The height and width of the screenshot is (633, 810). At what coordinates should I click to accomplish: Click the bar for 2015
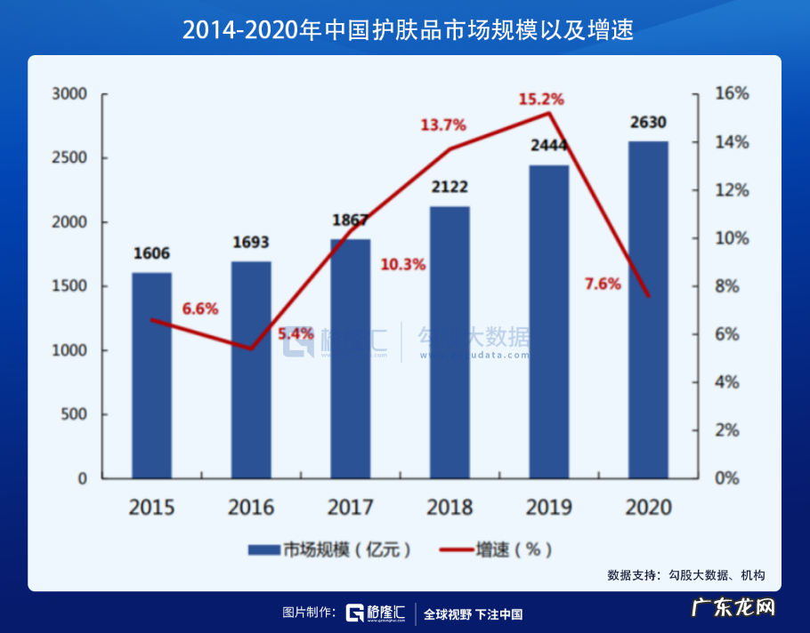(x=151, y=375)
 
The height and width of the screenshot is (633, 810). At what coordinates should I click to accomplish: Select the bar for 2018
(x=450, y=342)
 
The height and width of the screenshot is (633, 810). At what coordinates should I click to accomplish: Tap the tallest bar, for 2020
(x=648, y=309)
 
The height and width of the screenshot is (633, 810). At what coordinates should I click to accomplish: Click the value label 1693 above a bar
(x=251, y=243)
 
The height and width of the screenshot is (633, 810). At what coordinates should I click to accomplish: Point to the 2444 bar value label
(x=548, y=146)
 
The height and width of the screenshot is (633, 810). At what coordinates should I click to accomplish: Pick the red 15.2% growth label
(x=541, y=99)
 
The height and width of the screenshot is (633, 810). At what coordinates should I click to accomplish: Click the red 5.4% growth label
(x=296, y=334)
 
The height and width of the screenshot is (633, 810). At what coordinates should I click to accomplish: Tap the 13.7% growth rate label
(x=443, y=125)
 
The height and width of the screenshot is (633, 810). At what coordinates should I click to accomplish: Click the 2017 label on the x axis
(x=350, y=509)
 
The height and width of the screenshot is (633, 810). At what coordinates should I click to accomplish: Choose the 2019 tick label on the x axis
(x=548, y=509)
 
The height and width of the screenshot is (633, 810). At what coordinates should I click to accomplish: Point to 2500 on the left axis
(x=69, y=158)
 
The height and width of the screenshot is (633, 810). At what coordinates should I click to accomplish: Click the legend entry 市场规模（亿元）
(x=330, y=549)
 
